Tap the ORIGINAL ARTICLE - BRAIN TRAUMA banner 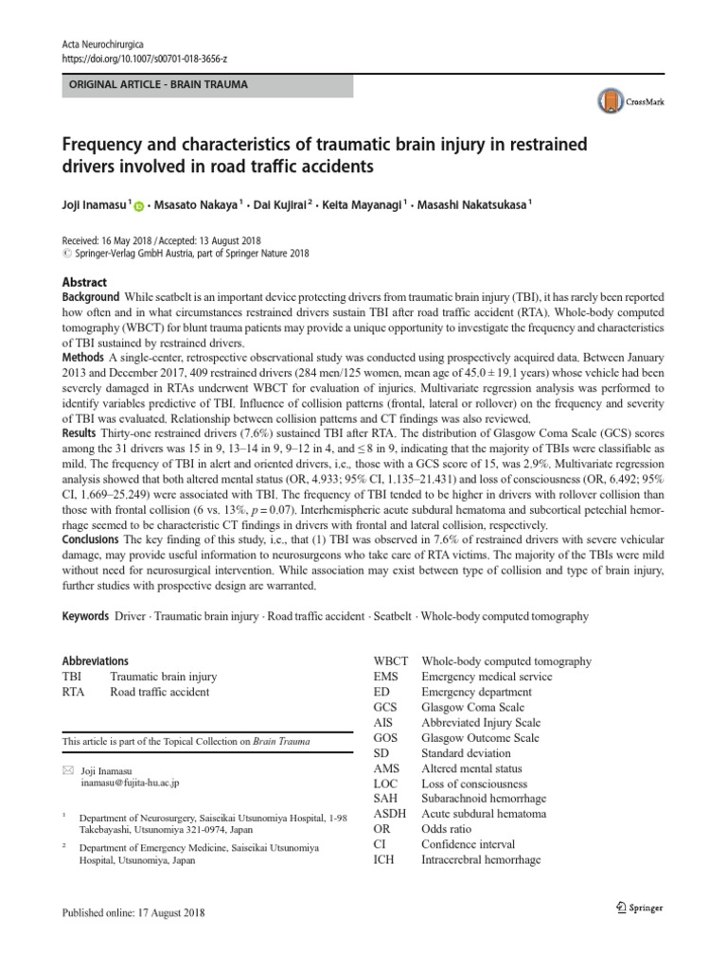(x=206, y=84)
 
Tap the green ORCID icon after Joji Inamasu (x=139, y=203)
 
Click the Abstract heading (x=85, y=282)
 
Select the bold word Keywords (x=84, y=616)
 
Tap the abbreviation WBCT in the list (x=392, y=661)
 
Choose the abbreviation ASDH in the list (x=391, y=814)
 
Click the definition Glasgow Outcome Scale (x=480, y=738)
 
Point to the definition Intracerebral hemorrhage (x=481, y=859)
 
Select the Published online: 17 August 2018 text (x=133, y=913)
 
